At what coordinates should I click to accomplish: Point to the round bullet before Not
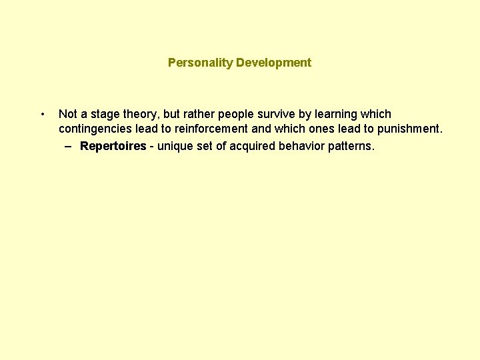(43, 114)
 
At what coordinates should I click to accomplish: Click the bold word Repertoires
(113, 146)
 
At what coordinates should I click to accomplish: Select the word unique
(175, 146)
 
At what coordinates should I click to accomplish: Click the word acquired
(252, 146)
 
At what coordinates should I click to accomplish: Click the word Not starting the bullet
(67, 114)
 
